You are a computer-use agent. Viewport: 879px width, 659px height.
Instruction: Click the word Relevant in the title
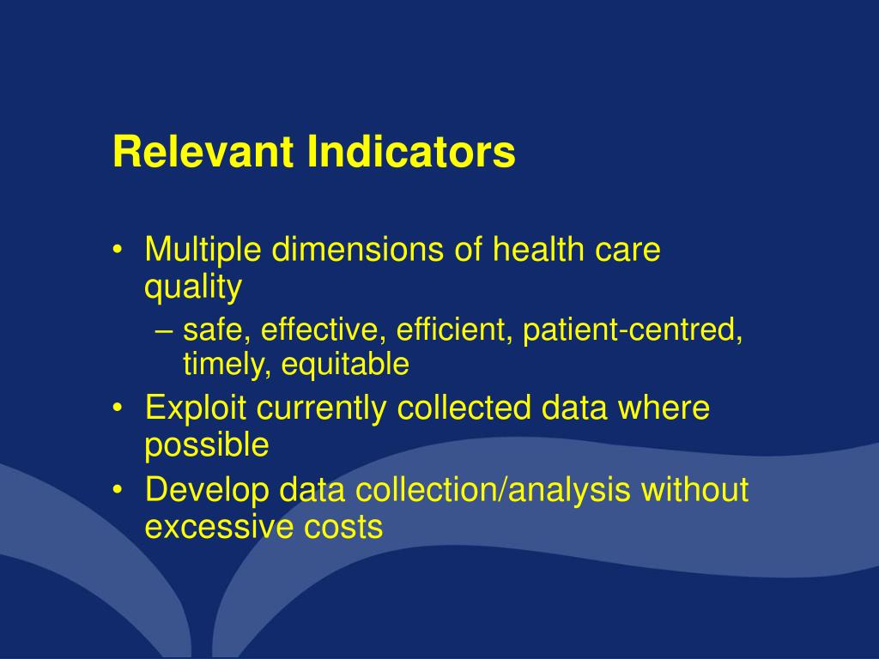(x=203, y=152)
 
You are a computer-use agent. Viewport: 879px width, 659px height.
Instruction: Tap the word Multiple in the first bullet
(x=203, y=251)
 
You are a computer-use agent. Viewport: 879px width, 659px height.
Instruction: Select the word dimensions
(x=354, y=251)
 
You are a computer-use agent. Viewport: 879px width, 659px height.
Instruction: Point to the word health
(x=538, y=251)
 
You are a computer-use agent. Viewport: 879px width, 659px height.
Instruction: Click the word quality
(x=193, y=288)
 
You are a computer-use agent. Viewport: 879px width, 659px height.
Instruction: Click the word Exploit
(x=196, y=408)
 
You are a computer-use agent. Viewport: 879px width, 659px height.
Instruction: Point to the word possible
(x=207, y=445)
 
